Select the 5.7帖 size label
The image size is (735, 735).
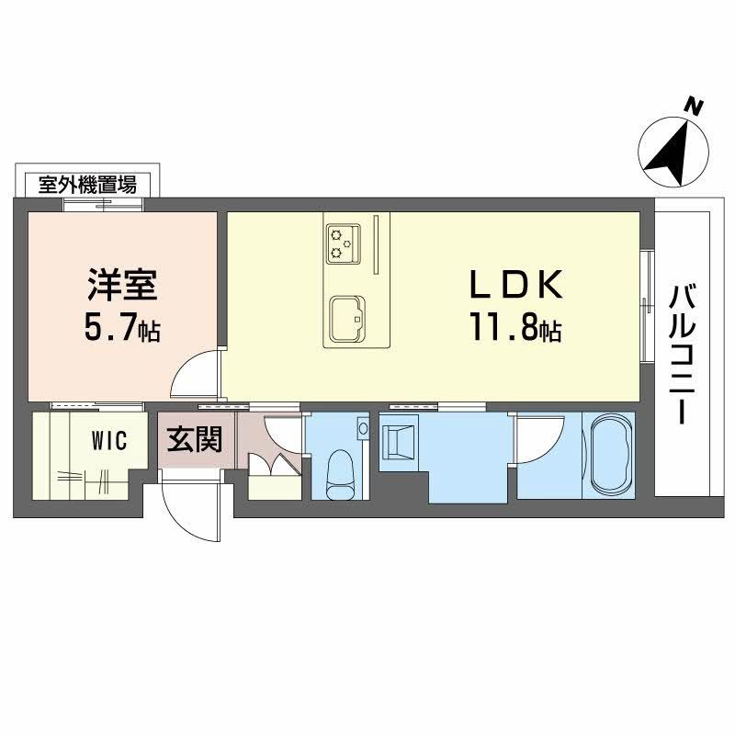[122, 329]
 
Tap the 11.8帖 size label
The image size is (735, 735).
[515, 329]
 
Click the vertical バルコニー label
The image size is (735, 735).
[682, 355]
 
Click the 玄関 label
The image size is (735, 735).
[194, 439]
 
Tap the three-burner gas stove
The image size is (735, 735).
[343, 241]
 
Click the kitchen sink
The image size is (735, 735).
[345, 317]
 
